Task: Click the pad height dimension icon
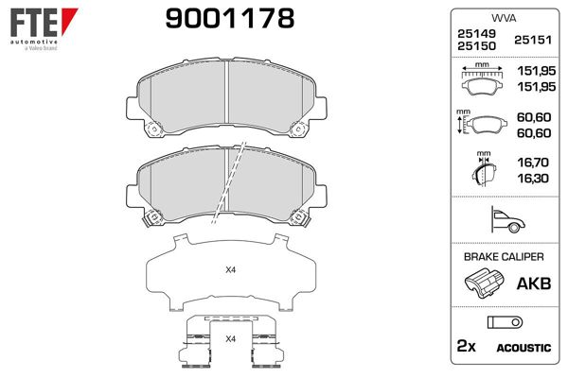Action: pos(481,125)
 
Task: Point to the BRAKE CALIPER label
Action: pos(502,257)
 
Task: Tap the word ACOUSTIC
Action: pos(524,349)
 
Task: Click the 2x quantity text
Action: pos(465,348)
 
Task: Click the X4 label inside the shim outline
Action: pos(230,271)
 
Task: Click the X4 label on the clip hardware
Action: pos(230,338)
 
